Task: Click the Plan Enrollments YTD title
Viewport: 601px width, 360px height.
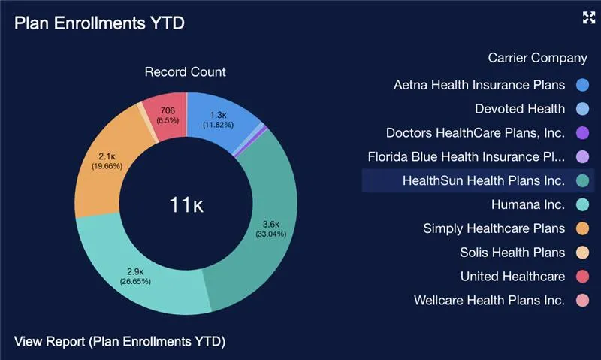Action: [99, 23]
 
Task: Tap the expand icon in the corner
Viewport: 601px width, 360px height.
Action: [588, 18]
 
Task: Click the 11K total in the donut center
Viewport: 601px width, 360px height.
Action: [186, 204]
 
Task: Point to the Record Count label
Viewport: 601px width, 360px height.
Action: [185, 72]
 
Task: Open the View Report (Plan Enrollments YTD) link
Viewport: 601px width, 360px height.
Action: [119, 341]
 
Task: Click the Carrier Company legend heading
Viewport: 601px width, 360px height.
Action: [537, 58]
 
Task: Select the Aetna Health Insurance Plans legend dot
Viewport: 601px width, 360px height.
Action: [581, 85]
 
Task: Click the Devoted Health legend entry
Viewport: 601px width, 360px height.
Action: [520, 109]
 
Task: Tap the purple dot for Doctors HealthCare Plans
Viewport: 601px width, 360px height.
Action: [581, 133]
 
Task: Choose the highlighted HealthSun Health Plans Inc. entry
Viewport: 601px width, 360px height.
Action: [483, 181]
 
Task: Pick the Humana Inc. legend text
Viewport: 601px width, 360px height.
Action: [527, 204]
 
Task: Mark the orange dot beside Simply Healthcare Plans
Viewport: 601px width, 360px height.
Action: [581, 228]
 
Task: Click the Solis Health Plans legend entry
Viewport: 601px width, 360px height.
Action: [512, 253]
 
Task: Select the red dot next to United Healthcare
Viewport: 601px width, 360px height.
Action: [581, 277]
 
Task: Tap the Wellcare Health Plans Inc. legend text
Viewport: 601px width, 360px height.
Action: [489, 301]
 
